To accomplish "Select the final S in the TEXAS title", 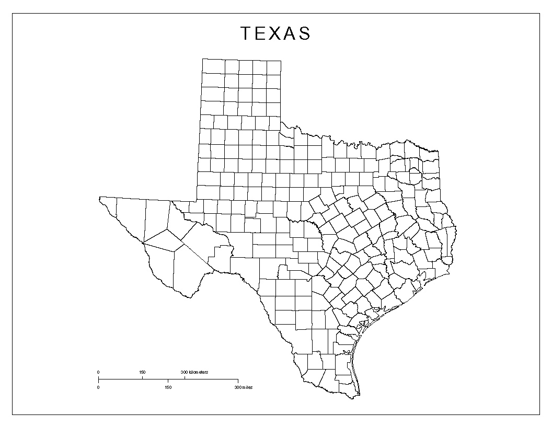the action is [x=304, y=33].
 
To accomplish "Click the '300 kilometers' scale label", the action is [x=194, y=372].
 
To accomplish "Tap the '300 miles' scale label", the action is [x=243, y=387].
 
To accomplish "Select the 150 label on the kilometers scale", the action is [x=142, y=372].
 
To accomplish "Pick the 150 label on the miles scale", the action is [x=168, y=387].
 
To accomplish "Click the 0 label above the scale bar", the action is [x=98, y=372].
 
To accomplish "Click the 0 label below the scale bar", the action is [x=98, y=387].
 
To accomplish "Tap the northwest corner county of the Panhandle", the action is [x=213, y=66].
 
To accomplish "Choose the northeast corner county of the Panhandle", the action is [x=274, y=66].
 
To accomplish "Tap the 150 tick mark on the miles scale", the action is [x=168, y=380].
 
